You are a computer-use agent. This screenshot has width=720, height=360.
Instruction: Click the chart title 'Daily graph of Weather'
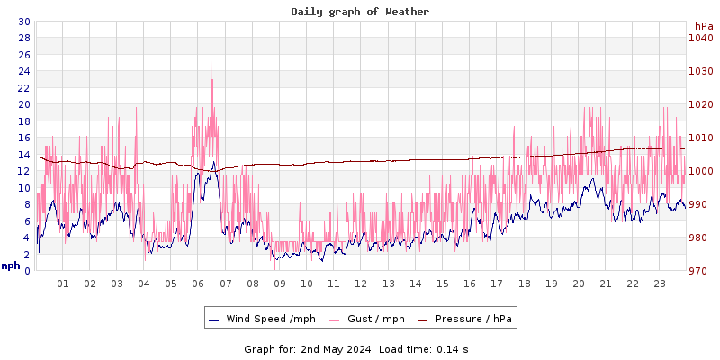click(x=360, y=12)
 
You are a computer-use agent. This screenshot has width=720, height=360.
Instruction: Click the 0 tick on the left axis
click(x=26, y=271)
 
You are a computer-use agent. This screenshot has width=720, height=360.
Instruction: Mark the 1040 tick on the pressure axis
click(x=701, y=38)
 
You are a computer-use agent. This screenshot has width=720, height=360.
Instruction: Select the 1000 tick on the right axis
click(x=701, y=171)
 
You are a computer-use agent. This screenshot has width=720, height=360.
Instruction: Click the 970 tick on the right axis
click(x=701, y=271)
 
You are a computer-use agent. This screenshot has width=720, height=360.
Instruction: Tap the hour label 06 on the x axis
click(x=198, y=283)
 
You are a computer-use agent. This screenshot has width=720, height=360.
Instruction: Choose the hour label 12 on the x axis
click(x=361, y=283)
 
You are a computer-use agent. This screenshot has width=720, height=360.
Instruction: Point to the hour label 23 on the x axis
click(x=659, y=283)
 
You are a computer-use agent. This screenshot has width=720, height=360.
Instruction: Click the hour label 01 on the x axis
click(x=63, y=283)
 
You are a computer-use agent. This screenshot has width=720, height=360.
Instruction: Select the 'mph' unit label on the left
click(x=11, y=265)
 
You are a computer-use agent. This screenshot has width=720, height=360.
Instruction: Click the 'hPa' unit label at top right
click(x=704, y=26)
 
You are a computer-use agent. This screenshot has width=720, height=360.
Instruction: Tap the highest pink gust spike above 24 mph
click(x=211, y=61)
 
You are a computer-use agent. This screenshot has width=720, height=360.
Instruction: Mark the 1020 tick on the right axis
click(x=701, y=104)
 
